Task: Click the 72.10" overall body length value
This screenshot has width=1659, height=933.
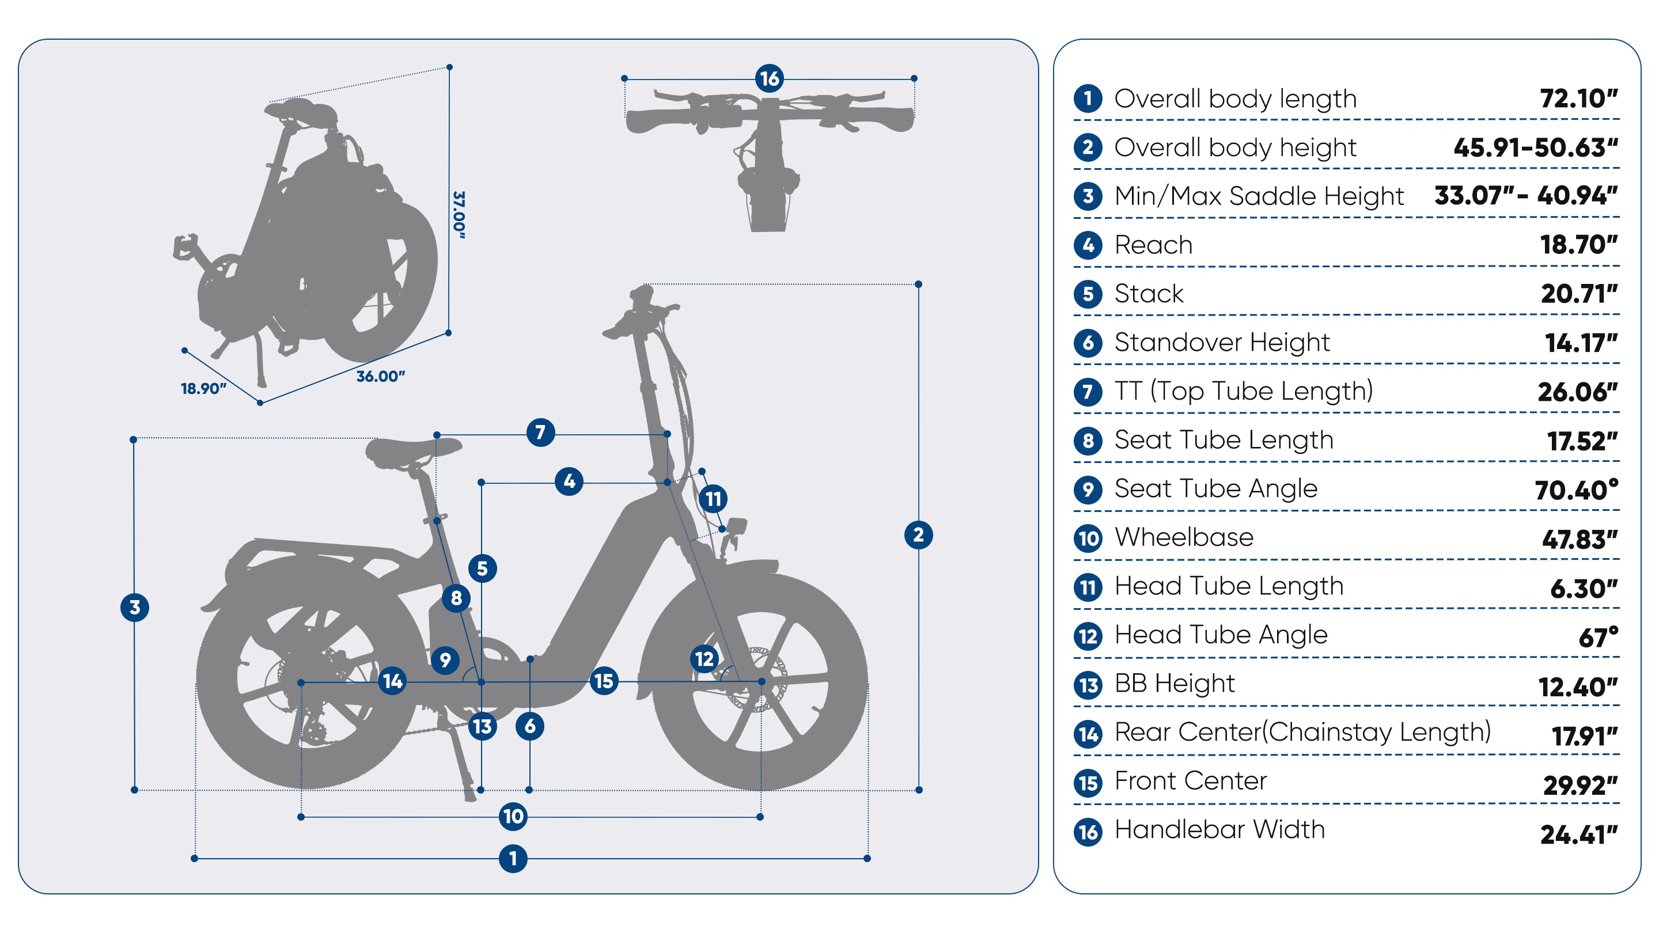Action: pos(1578,98)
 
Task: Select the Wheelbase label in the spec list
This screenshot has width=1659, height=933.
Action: pos(1184,537)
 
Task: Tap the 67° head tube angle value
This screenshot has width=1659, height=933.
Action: pos(1598,637)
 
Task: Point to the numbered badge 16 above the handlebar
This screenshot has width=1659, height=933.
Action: pos(769,78)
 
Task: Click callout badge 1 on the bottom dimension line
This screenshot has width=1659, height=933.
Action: pos(513,858)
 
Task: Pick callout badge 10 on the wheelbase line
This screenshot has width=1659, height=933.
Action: pos(513,817)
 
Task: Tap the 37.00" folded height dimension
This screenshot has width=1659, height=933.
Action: pos(459,214)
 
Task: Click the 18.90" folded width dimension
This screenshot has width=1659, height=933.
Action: pos(203,388)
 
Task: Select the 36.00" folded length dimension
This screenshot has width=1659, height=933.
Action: pos(381,377)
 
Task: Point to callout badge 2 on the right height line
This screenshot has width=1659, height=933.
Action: pos(918,534)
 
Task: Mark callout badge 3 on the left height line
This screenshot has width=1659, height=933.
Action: pos(135,607)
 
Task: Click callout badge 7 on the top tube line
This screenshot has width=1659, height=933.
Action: pos(540,432)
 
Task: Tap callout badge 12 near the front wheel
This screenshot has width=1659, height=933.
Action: pos(704,658)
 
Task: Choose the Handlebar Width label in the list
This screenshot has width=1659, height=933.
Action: pos(1219,829)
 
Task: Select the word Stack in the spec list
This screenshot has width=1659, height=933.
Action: pos(1148,294)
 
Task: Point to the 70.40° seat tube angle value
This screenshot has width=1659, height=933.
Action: pos(1576,490)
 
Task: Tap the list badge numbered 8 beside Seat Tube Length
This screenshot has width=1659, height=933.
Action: pos(1088,441)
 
